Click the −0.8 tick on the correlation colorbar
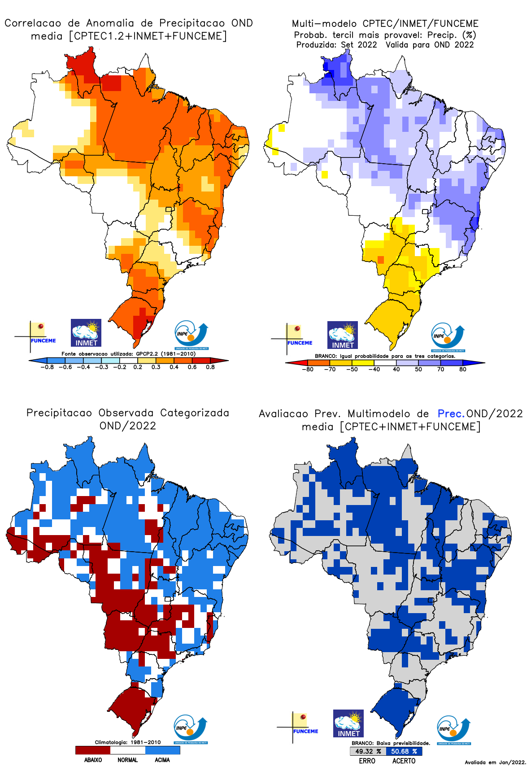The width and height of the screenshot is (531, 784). pyautogui.click(x=47, y=367)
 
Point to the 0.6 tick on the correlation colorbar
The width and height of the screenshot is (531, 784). pyautogui.click(x=192, y=367)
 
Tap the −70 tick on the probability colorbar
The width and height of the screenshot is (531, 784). pyautogui.click(x=330, y=370)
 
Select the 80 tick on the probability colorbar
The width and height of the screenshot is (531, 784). pyautogui.click(x=463, y=370)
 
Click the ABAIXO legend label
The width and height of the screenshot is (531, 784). pyautogui.click(x=93, y=760)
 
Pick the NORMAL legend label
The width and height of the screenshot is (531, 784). pyautogui.click(x=127, y=760)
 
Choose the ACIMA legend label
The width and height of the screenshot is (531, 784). pyautogui.click(x=162, y=760)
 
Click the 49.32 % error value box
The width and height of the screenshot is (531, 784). pyautogui.click(x=368, y=751)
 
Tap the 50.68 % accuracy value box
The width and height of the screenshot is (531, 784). pyautogui.click(x=404, y=751)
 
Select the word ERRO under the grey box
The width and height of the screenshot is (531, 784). pyautogui.click(x=367, y=761)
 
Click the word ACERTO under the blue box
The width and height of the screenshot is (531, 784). pyautogui.click(x=404, y=761)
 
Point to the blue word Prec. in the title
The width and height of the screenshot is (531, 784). pyautogui.click(x=451, y=414)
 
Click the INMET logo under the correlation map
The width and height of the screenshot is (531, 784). pyautogui.click(x=86, y=333)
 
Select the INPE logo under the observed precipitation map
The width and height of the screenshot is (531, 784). pyautogui.click(x=191, y=730)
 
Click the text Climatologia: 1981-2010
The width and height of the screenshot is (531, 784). pyautogui.click(x=127, y=742)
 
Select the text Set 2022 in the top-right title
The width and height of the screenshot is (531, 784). pyautogui.click(x=359, y=45)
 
